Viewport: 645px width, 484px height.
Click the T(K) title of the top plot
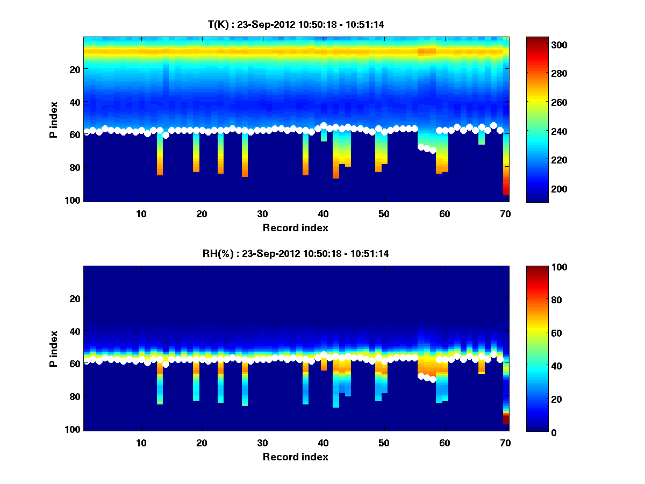point(296,24)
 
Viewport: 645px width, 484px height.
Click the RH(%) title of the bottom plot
point(296,254)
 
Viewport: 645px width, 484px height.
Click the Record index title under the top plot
point(296,227)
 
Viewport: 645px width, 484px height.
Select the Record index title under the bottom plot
point(296,457)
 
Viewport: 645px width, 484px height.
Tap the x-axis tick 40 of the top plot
point(323,213)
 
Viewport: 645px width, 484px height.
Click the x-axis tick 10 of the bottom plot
point(141,443)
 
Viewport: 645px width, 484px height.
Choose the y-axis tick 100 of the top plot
point(73,200)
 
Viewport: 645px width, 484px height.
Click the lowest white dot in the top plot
point(433,151)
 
